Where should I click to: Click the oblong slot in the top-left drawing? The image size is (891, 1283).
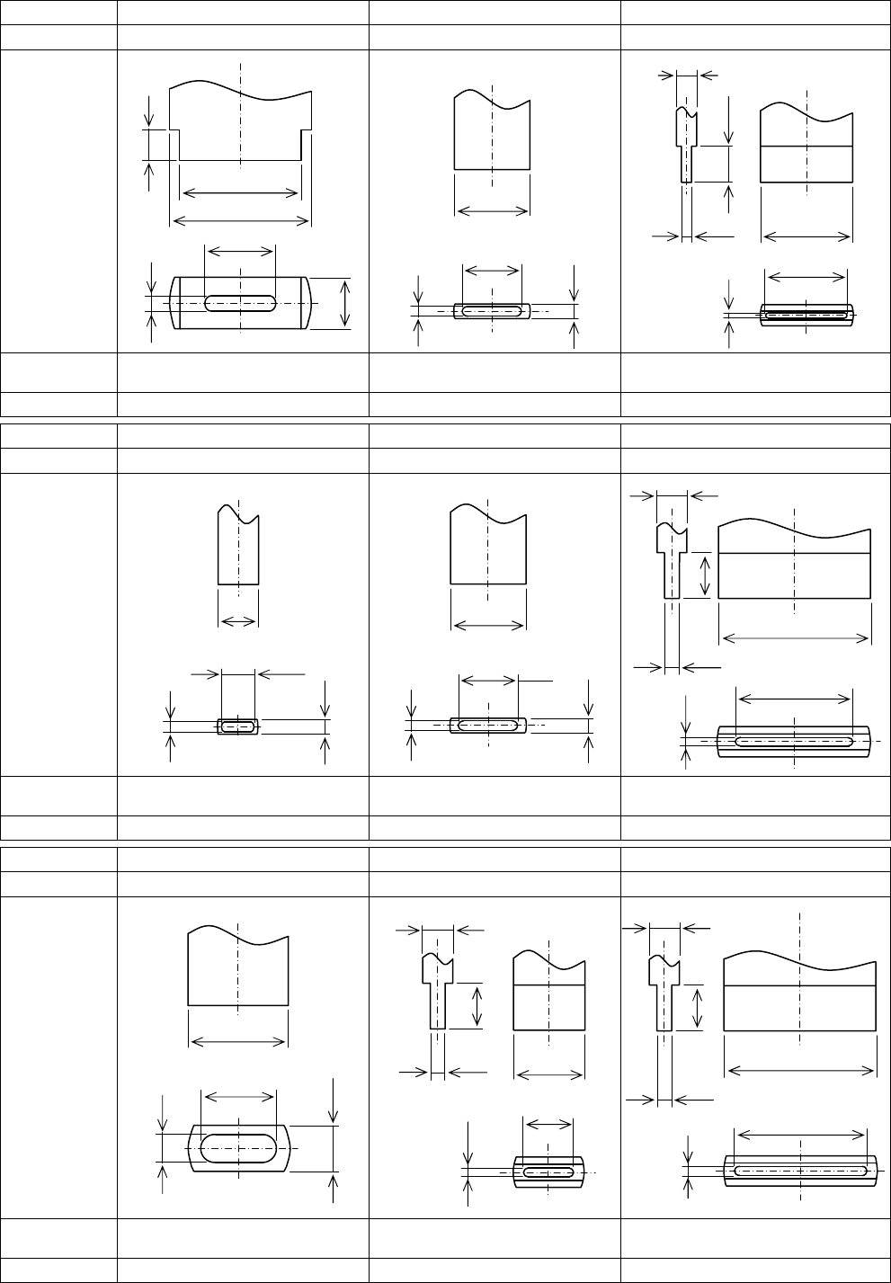[240, 303]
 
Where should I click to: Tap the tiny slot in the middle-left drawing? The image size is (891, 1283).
[238, 726]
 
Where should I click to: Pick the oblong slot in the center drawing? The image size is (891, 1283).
[487, 725]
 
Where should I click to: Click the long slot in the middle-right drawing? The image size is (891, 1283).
[794, 742]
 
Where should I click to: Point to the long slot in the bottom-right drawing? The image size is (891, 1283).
[800, 1171]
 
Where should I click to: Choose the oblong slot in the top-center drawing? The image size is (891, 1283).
[491, 311]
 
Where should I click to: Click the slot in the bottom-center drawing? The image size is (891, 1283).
[548, 1172]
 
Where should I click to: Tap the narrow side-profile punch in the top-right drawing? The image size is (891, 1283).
[687, 144]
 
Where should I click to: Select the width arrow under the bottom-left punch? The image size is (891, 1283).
[238, 1042]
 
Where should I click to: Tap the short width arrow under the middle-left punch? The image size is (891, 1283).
[238, 620]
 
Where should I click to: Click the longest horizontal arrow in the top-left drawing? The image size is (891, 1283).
[240, 221]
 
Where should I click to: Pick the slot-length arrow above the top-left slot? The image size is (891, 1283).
[240, 250]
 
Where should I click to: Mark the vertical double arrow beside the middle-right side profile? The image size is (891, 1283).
[705, 575]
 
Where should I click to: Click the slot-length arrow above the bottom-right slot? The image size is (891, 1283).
[800, 1136]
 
